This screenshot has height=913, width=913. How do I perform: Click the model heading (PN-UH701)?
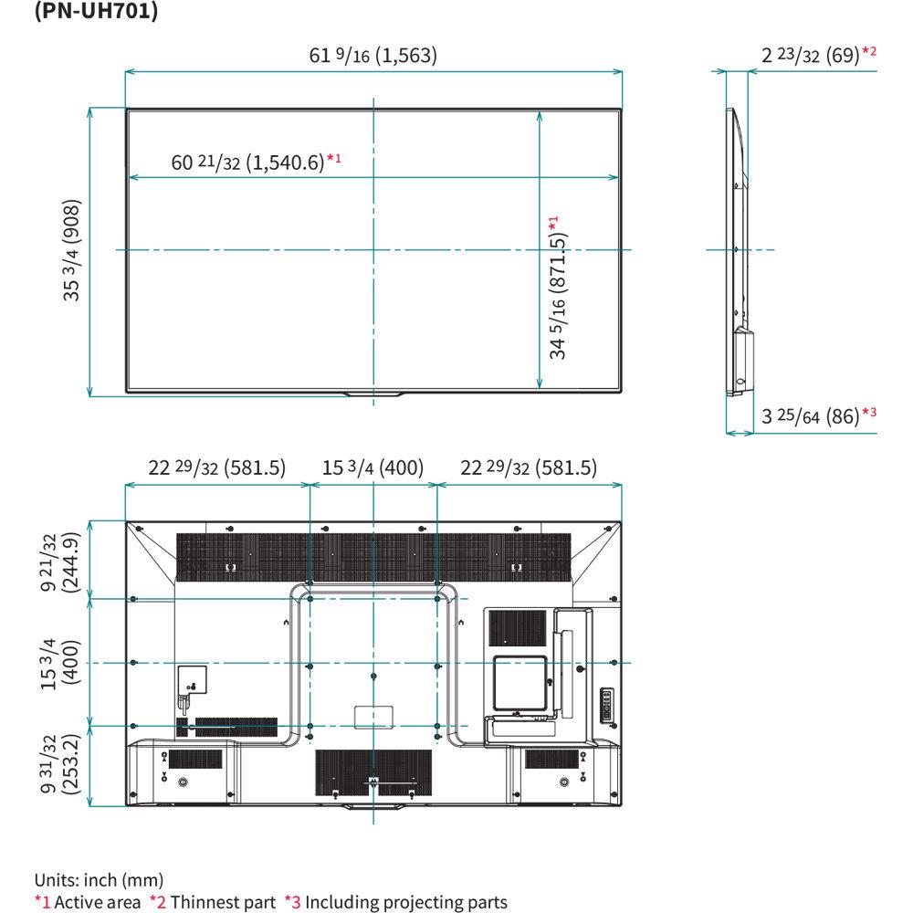point(96,15)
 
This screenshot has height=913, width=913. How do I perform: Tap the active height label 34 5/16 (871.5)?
point(557,288)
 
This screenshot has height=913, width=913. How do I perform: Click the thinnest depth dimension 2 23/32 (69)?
point(811,56)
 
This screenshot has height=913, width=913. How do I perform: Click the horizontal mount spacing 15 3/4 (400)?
point(373,468)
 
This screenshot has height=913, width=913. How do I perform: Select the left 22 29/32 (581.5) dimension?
point(217,468)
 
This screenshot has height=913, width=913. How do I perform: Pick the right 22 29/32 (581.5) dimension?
point(529,468)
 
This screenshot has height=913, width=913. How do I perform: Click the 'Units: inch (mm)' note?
point(100,881)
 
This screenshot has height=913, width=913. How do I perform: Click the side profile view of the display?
point(738,251)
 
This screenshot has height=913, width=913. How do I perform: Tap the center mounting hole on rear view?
point(374,677)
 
